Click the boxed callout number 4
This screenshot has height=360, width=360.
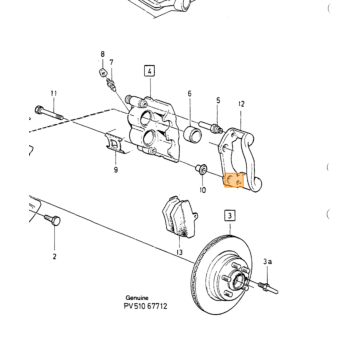150,71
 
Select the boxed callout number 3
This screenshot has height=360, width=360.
230,216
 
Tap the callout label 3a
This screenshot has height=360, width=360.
267,262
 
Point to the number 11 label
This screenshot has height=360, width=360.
54,94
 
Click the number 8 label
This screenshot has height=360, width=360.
103,54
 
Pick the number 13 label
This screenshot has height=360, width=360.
179,252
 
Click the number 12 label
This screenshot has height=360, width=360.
241,104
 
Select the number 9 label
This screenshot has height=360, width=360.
116,170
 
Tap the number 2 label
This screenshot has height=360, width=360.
54,256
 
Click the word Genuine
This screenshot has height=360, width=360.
137,298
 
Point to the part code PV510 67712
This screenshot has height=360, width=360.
145,306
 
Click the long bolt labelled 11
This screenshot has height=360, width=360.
49,112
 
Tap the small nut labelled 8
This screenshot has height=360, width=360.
104,71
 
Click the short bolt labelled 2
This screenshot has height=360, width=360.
52,220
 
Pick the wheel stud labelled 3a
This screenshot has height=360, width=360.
268,287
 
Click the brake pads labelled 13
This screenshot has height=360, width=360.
179,216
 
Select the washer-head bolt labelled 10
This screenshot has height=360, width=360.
201,169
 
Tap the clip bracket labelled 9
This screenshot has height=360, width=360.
116,144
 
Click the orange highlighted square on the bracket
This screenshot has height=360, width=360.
234,180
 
